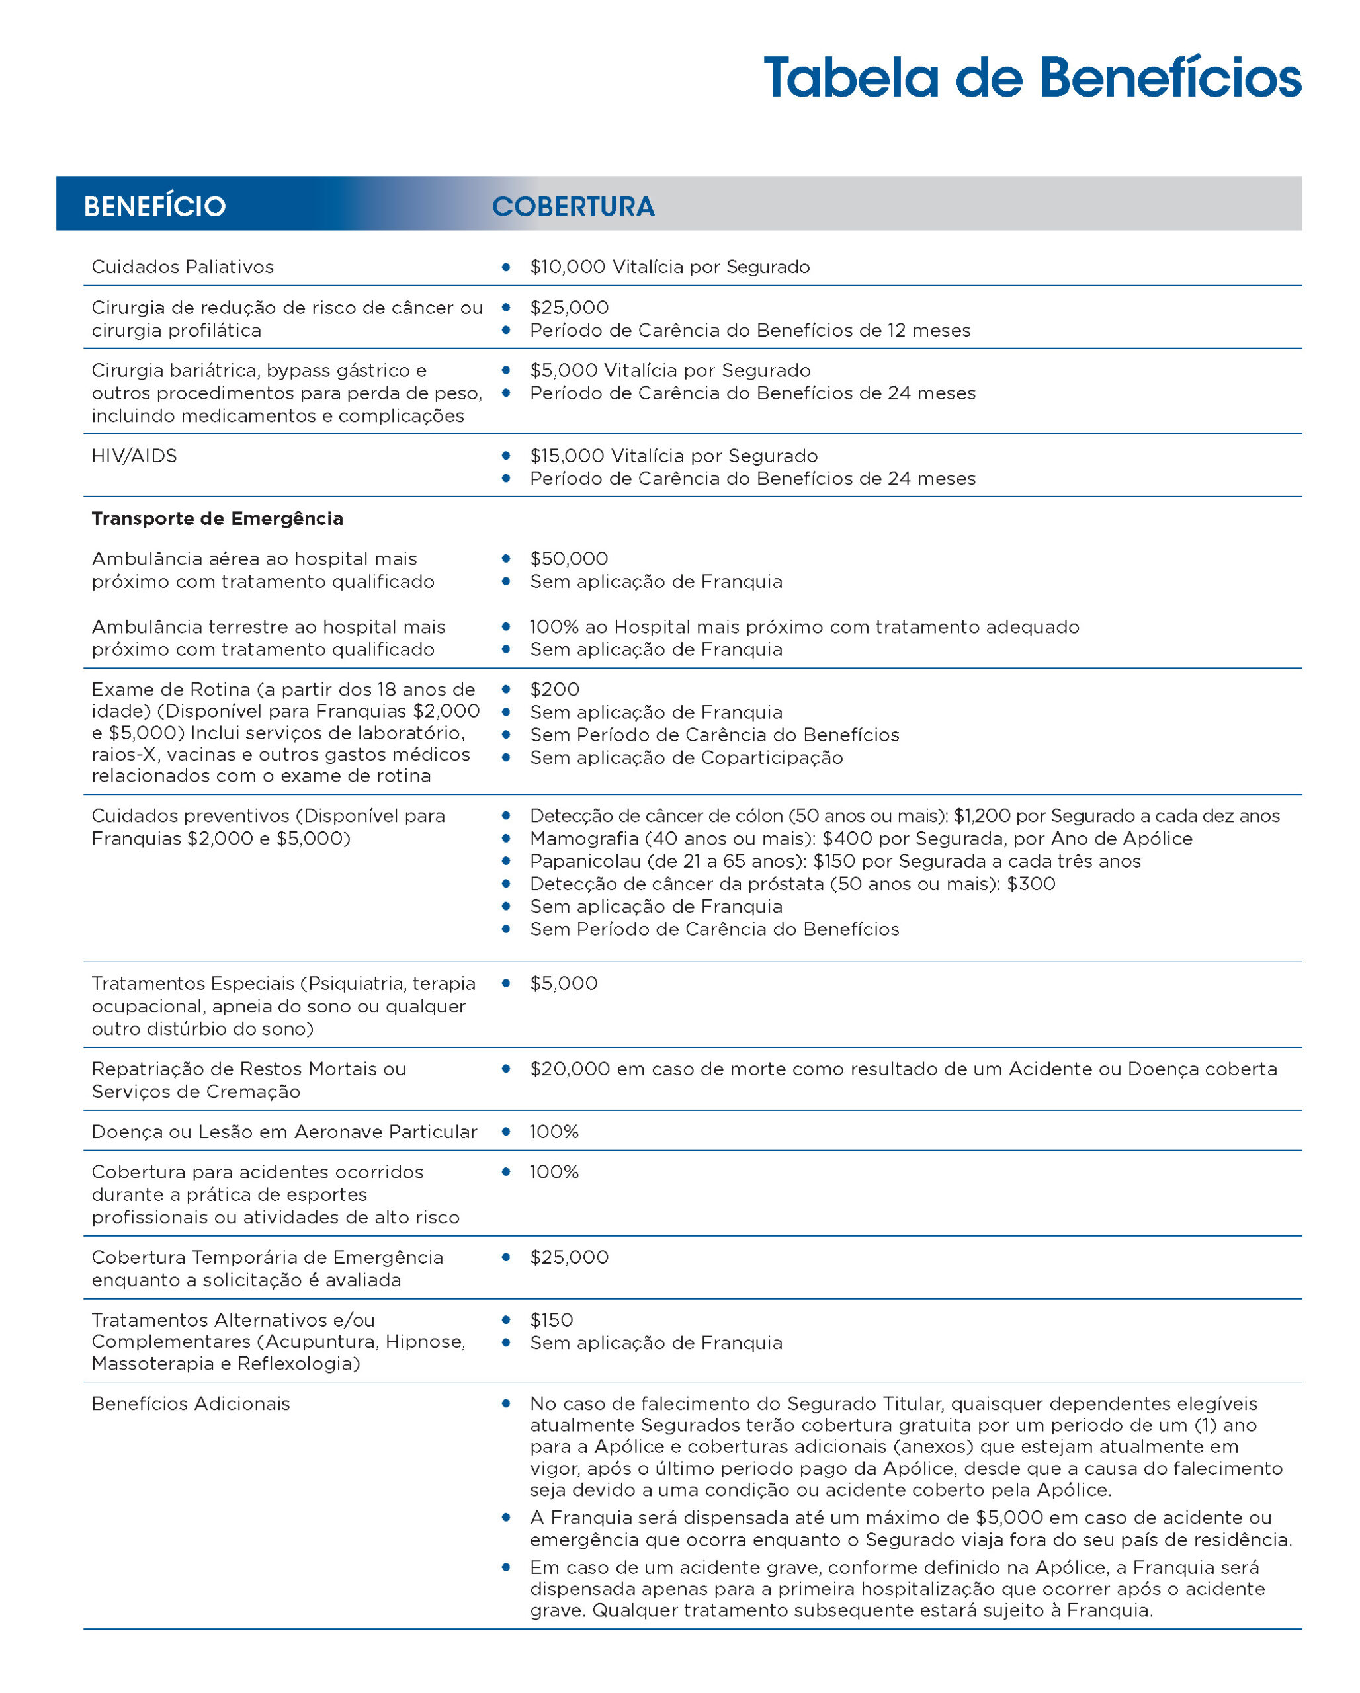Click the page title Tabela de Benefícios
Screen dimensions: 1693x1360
(1032, 79)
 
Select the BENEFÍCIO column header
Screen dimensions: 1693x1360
(155, 206)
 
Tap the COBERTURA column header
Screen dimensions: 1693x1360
(574, 206)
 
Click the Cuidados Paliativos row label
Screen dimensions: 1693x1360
(182, 267)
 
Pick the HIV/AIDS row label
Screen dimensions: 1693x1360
(134, 456)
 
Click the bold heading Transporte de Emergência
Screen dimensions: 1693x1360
(218, 519)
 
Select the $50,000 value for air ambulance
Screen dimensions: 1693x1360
(568, 559)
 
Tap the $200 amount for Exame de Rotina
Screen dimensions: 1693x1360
(554, 690)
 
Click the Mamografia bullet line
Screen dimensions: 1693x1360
(861, 839)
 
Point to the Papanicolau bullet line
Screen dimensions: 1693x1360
(835, 862)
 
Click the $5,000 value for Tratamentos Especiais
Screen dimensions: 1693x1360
(563, 984)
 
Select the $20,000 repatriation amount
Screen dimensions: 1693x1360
(570, 1069)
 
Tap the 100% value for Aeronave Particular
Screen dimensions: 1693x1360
(554, 1132)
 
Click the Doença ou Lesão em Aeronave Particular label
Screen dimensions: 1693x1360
(284, 1132)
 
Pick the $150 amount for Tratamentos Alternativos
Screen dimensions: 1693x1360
(551, 1321)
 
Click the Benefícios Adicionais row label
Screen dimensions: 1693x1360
(191, 1404)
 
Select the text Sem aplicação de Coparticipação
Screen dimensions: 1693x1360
(686, 758)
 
